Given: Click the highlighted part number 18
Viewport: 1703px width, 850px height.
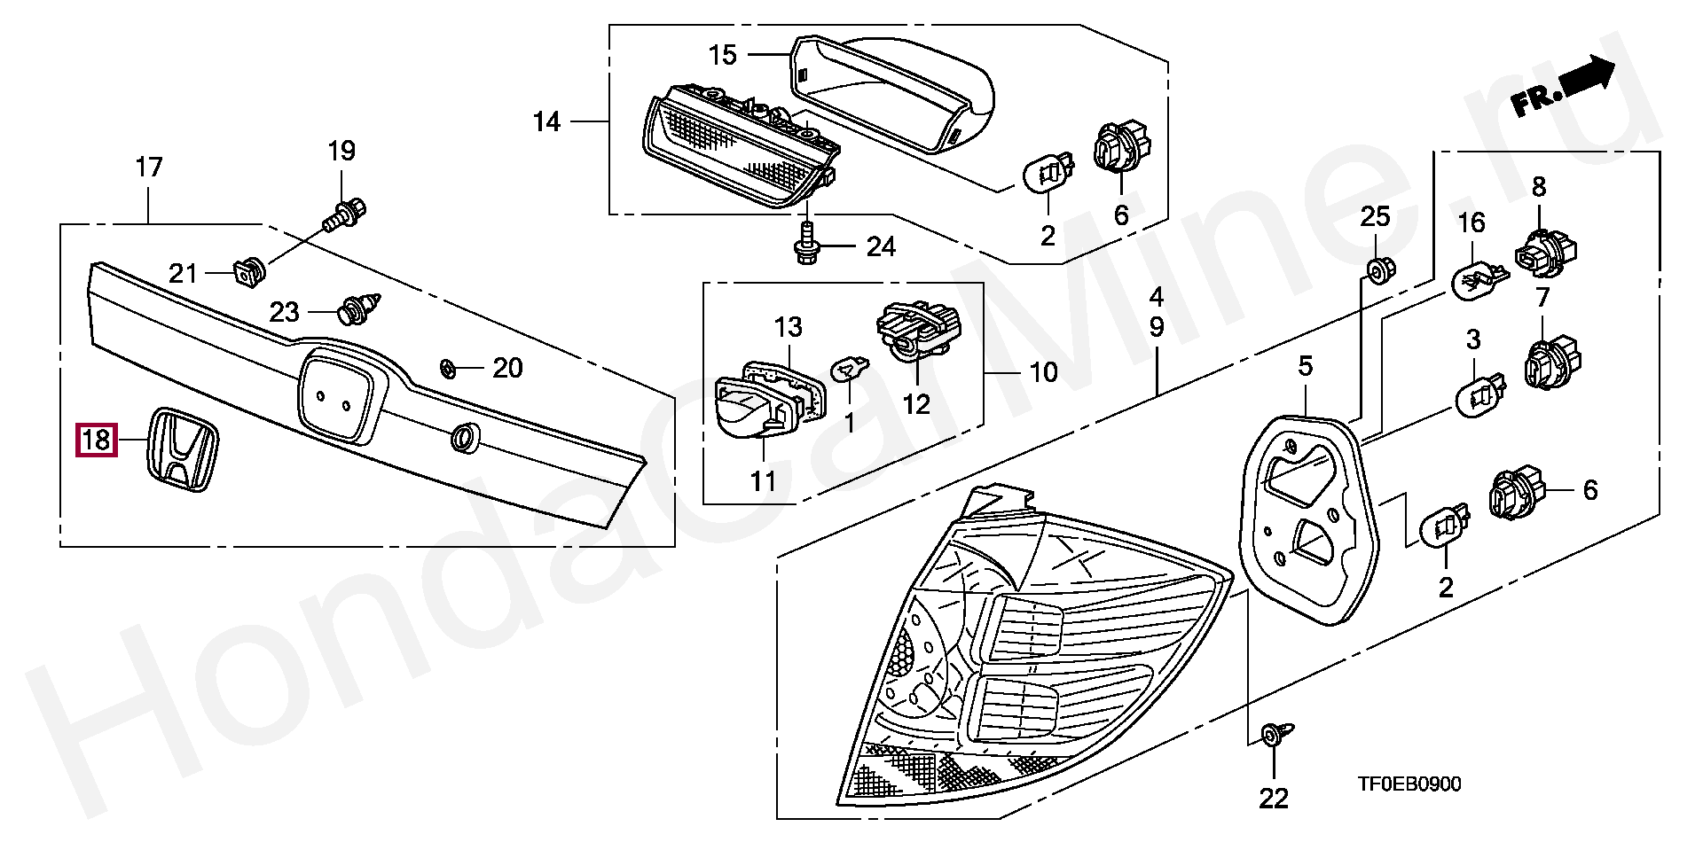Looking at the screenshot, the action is click(x=96, y=440).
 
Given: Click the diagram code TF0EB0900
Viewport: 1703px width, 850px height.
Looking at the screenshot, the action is click(x=1409, y=784).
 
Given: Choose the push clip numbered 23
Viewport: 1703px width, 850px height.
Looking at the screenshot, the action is click(x=359, y=309).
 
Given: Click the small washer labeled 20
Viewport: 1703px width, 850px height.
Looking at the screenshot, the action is click(x=450, y=367).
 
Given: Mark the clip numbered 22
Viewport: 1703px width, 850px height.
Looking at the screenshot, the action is click(x=1273, y=734).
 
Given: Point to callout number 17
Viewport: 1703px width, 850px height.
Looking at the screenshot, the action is click(x=149, y=167).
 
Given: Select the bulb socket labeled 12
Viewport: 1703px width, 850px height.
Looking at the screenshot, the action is click(x=919, y=331).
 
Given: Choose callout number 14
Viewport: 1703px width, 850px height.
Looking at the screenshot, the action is click(x=547, y=121).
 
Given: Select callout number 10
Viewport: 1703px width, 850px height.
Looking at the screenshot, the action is click(x=1044, y=372).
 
